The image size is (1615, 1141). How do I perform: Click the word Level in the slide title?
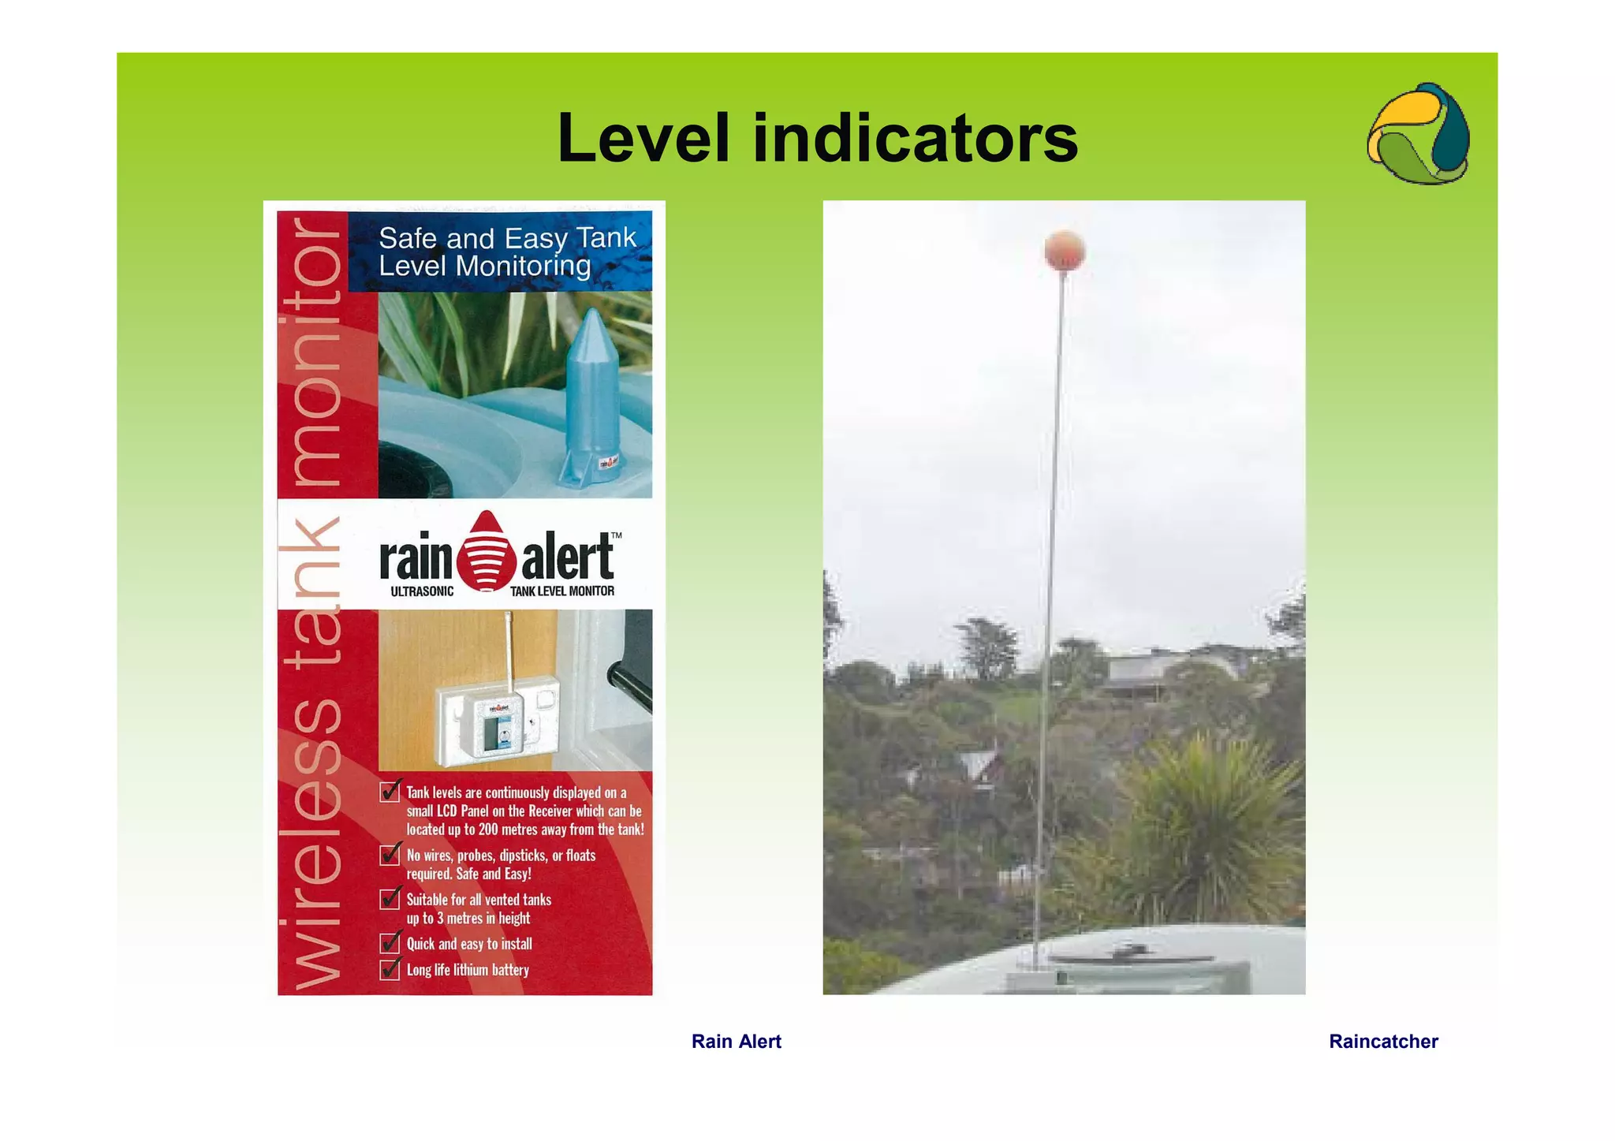[643, 139]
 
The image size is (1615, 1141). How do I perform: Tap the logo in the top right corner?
[1418, 134]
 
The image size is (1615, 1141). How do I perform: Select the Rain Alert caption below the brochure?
[736, 1042]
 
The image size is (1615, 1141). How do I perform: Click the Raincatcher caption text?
[1383, 1042]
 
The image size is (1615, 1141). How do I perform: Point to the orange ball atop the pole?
[1065, 251]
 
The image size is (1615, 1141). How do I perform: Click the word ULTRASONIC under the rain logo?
[422, 591]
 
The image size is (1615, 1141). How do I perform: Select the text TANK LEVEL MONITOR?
[561, 591]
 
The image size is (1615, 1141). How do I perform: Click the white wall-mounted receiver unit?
[497, 719]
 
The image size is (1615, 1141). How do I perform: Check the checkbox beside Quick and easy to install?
[390, 943]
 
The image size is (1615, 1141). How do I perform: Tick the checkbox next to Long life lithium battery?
[390, 969]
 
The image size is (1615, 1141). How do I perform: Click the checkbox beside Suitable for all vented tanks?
[390, 899]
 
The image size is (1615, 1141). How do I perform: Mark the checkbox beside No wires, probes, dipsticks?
[390, 855]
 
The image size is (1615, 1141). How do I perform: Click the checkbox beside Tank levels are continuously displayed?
[390, 792]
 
